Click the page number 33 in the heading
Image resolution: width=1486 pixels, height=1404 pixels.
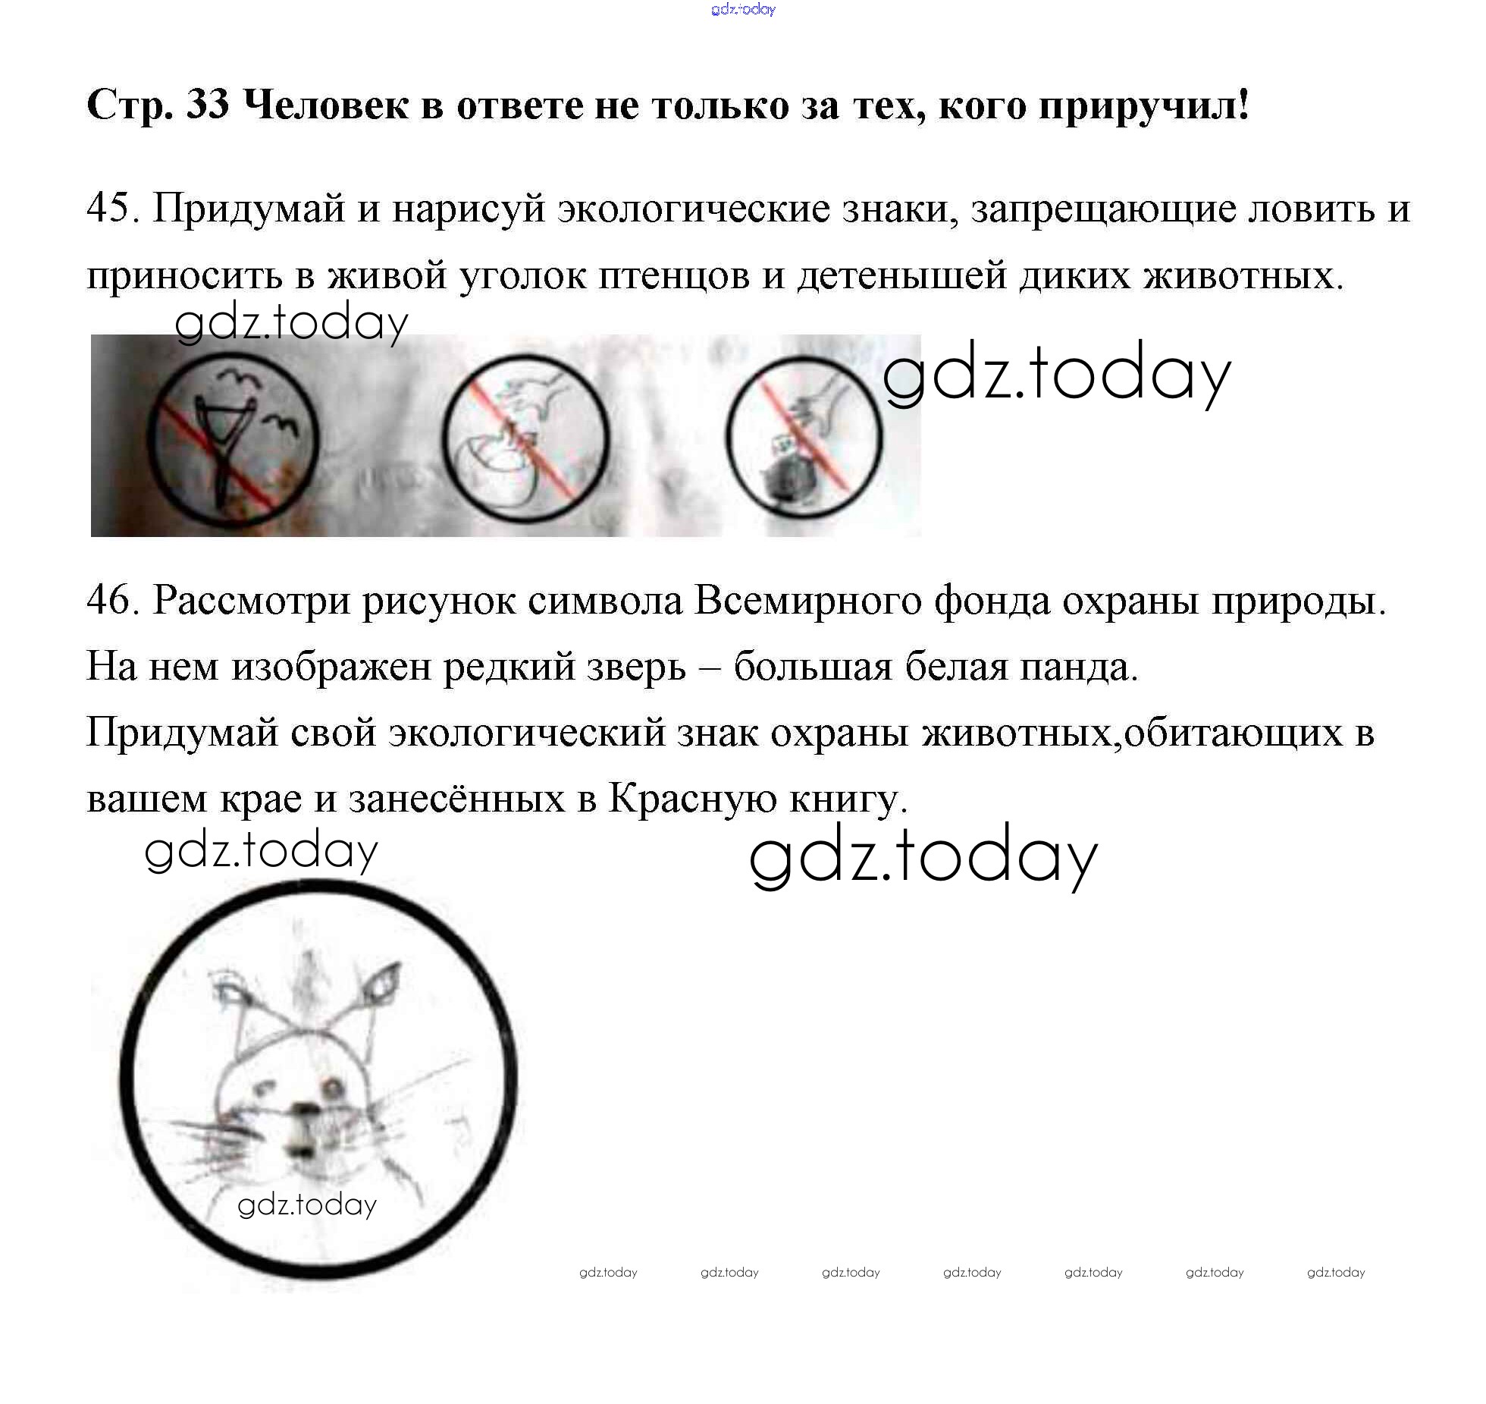pos(207,105)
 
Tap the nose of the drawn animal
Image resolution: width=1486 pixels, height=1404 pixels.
pos(306,1112)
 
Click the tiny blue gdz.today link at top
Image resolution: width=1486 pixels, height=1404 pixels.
pos(743,9)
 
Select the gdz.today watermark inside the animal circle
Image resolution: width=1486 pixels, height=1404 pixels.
pos(307,1205)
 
